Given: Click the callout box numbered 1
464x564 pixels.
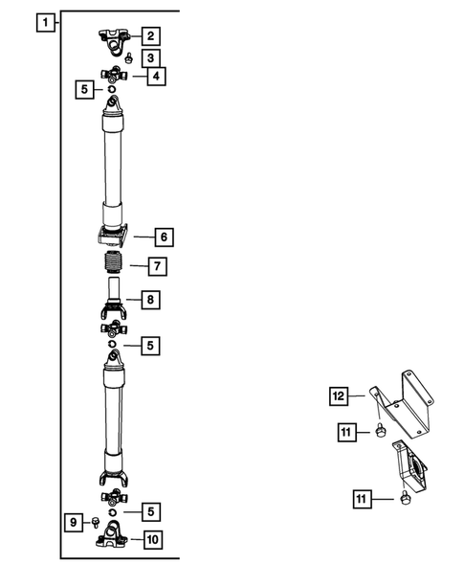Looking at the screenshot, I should pos(42,20).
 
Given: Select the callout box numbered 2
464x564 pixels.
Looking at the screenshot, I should pos(152,36).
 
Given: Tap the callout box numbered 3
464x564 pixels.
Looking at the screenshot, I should pos(151,58).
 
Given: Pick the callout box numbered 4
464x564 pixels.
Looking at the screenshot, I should pos(153,75).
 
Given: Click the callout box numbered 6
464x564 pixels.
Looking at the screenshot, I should pos(164,235).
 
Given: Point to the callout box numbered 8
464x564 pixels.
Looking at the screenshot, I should pos(151,300).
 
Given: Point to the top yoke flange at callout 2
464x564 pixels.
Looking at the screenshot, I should pos(116,37).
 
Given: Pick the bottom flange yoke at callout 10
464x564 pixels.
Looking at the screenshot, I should pos(114,539).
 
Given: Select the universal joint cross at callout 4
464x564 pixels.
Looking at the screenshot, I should pos(114,75).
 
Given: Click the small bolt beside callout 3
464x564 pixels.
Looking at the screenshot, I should pos(128,57).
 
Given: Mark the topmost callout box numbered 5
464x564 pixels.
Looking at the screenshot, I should pos(85,90).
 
